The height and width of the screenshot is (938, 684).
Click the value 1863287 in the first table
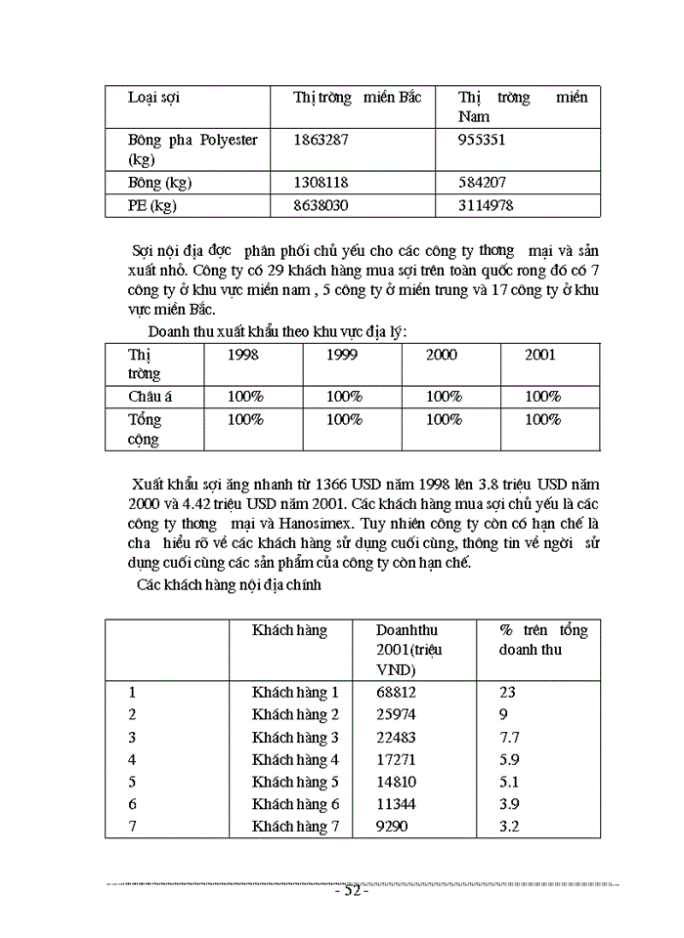click(x=321, y=140)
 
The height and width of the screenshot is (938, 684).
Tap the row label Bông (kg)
click(x=159, y=183)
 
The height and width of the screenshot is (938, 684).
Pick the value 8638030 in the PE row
click(x=321, y=205)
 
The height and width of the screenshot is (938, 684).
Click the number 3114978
click(x=486, y=205)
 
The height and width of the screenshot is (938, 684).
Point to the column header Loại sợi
click(x=153, y=98)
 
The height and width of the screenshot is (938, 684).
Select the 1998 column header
click(x=242, y=355)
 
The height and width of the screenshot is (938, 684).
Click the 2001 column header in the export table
click(x=540, y=355)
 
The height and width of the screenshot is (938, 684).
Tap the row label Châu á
click(x=150, y=397)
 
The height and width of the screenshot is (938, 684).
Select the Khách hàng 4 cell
click(x=295, y=759)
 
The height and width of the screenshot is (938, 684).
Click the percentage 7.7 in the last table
click(x=511, y=737)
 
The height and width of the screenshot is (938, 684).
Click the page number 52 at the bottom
click(x=350, y=891)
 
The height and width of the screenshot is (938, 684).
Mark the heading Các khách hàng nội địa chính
click(x=230, y=585)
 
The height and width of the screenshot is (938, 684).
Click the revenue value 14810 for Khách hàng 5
click(x=396, y=782)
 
